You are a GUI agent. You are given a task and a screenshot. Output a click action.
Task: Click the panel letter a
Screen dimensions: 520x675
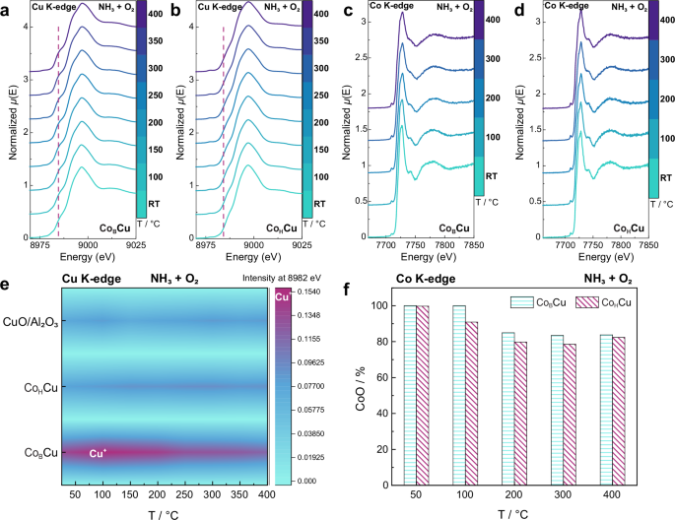pos(8,9)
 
